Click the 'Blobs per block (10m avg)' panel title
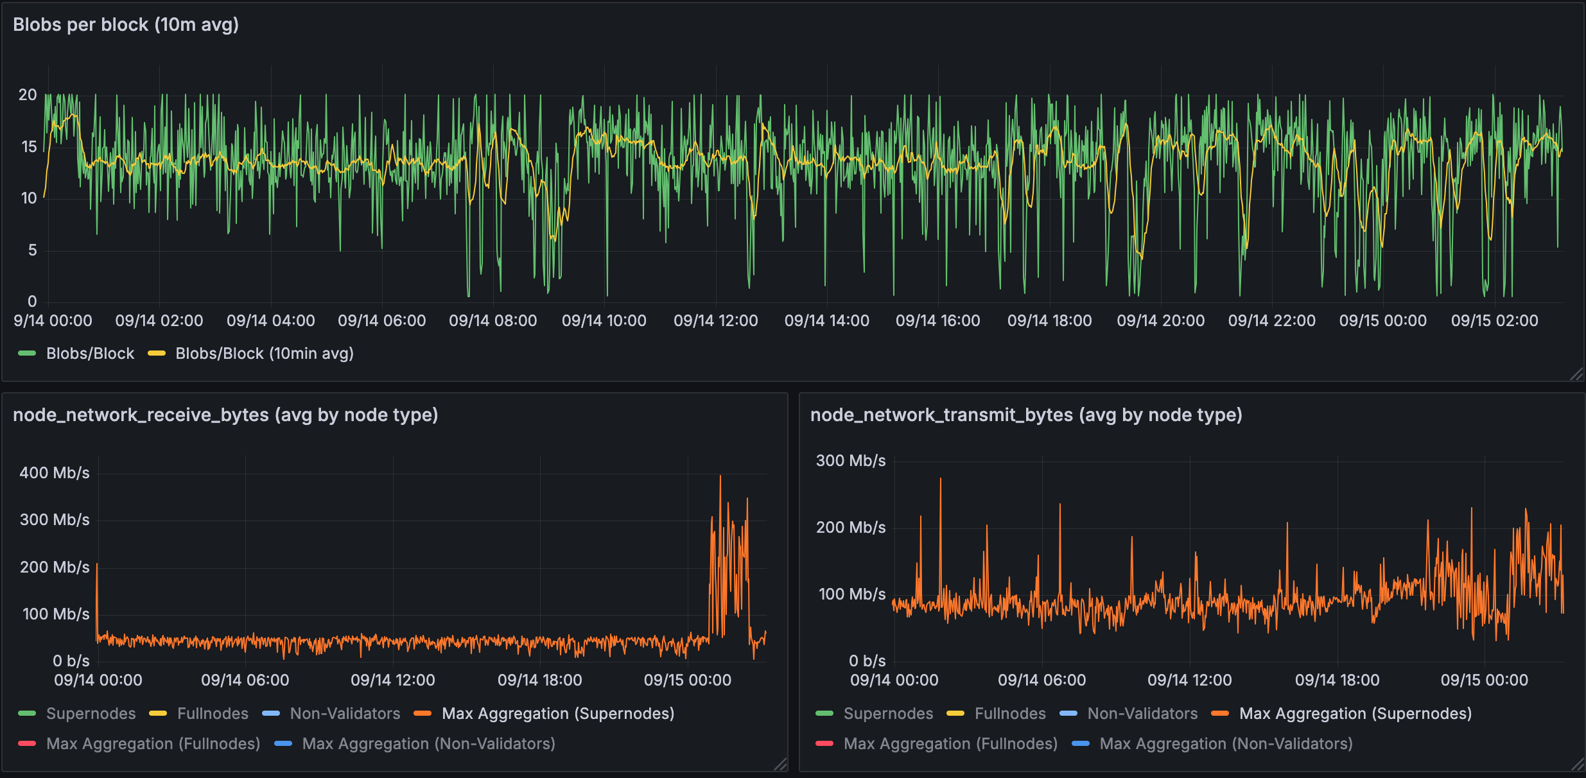(126, 24)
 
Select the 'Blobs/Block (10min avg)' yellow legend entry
(264, 353)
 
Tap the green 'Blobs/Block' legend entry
(90, 353)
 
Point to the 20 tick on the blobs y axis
(28, 95)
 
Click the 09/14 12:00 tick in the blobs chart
(715, 320)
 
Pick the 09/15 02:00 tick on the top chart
(1494, 320)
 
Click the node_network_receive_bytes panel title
(225, 415)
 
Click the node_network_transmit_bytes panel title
(1026, 415)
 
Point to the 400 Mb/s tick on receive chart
(55, 473)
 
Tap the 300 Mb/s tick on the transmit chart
(851, 461)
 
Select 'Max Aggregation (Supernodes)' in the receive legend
(557, 713)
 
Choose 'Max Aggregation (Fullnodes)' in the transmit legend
(950, 743)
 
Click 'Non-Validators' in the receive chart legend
(345, 713)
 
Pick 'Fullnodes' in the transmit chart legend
(1009, 713)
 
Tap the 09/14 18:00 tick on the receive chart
(539, 680)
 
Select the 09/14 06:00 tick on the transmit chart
(1041, 680)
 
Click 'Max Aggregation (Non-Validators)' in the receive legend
(428, 743)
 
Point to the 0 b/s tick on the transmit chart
(867, 661)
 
